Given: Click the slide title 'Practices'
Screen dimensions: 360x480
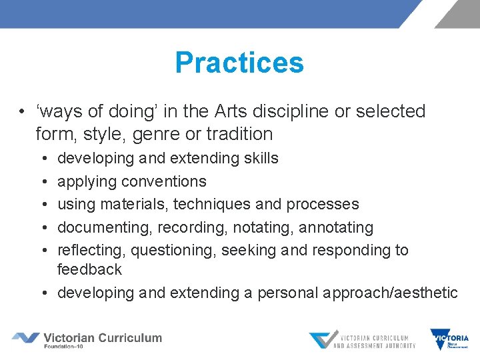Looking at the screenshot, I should click(x=239, y=63).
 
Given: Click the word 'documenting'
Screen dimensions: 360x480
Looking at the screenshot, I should click(x=105, y=227).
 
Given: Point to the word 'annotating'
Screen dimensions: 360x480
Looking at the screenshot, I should click(x=336, y=227).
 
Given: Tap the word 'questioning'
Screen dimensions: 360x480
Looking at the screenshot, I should click(x=173, y=251).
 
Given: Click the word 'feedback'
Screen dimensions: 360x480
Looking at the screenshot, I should click(x=89, y=269).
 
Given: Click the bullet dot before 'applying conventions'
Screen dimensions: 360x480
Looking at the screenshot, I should click(x=43, y=181).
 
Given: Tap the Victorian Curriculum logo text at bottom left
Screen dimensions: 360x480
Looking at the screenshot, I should click(x=103, y=338).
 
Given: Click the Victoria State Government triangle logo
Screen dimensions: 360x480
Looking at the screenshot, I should click(x=440, y=338).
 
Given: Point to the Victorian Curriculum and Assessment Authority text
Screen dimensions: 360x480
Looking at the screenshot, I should click(x=374, y=340).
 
